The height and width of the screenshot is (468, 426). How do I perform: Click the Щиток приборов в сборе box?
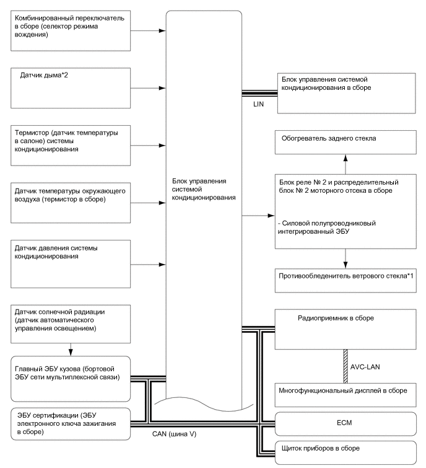pyautogui.click(x=345, y=448)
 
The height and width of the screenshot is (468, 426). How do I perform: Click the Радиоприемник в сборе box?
pyautogui.click(x=345, y=329)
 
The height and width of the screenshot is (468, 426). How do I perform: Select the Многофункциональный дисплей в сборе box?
pyautogui.click(x=345, y=392)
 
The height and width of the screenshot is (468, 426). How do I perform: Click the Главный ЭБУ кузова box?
pyautogui.click(x=71, y=376)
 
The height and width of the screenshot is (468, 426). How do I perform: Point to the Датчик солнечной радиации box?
pyautogui.click(x=71, y=322)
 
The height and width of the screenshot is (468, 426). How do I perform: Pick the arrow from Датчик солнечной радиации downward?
pyautogui.click(x=71, y=349)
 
